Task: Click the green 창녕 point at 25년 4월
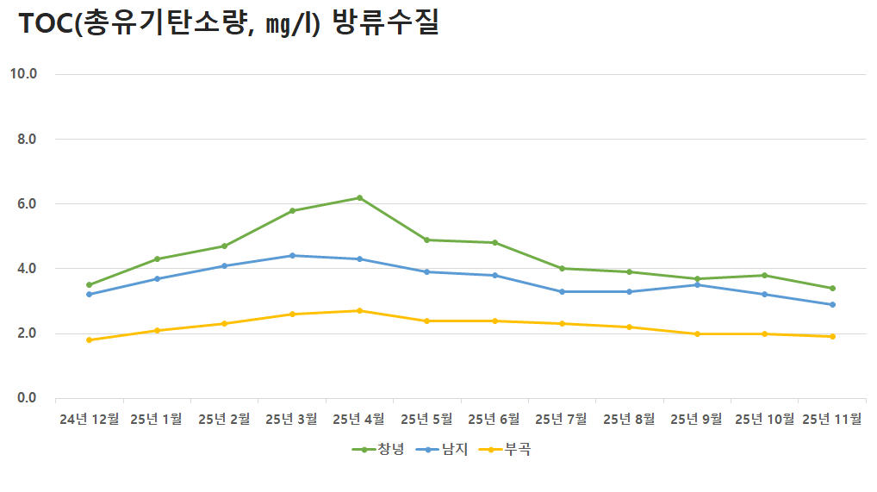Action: pos(359,197)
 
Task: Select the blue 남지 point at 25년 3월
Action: pos(292,255)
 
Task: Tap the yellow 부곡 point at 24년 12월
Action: pos(89,339)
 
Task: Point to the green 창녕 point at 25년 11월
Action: pos(832,288)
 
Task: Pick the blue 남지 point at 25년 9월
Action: pos(697,284)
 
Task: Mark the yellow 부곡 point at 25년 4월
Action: pos(359,310)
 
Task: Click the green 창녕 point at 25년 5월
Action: pos(427,240)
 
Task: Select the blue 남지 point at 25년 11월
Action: pos(832,304)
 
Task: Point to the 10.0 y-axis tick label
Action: pos(23,73)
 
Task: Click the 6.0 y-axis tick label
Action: pos(27,203)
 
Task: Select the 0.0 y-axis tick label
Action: pos(27,398)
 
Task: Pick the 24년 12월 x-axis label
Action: pos(90,420)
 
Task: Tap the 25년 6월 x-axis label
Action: pos(494,420)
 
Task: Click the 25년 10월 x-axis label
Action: pos(765,420)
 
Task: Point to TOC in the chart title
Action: pos(45,24)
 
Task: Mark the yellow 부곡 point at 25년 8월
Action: pos(630,327)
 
